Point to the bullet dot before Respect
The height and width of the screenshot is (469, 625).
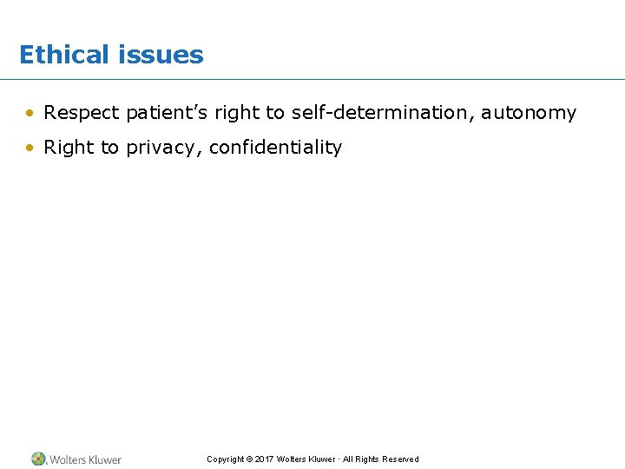[30, 113]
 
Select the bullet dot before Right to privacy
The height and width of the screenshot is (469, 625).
[30, 148]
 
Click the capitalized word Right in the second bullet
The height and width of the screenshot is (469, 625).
[69, 148]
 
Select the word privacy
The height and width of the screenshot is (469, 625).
[164, 149]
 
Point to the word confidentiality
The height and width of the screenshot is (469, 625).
[275, 148]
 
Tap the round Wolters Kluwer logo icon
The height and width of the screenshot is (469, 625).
[38, 459]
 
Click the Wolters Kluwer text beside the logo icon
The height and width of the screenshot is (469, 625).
[85, 459]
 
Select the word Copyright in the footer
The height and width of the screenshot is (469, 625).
[225, 459]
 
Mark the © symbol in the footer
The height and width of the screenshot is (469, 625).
[249, 459]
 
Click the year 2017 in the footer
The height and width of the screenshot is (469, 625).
[264, 459]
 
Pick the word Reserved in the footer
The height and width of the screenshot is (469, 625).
[400, 459]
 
